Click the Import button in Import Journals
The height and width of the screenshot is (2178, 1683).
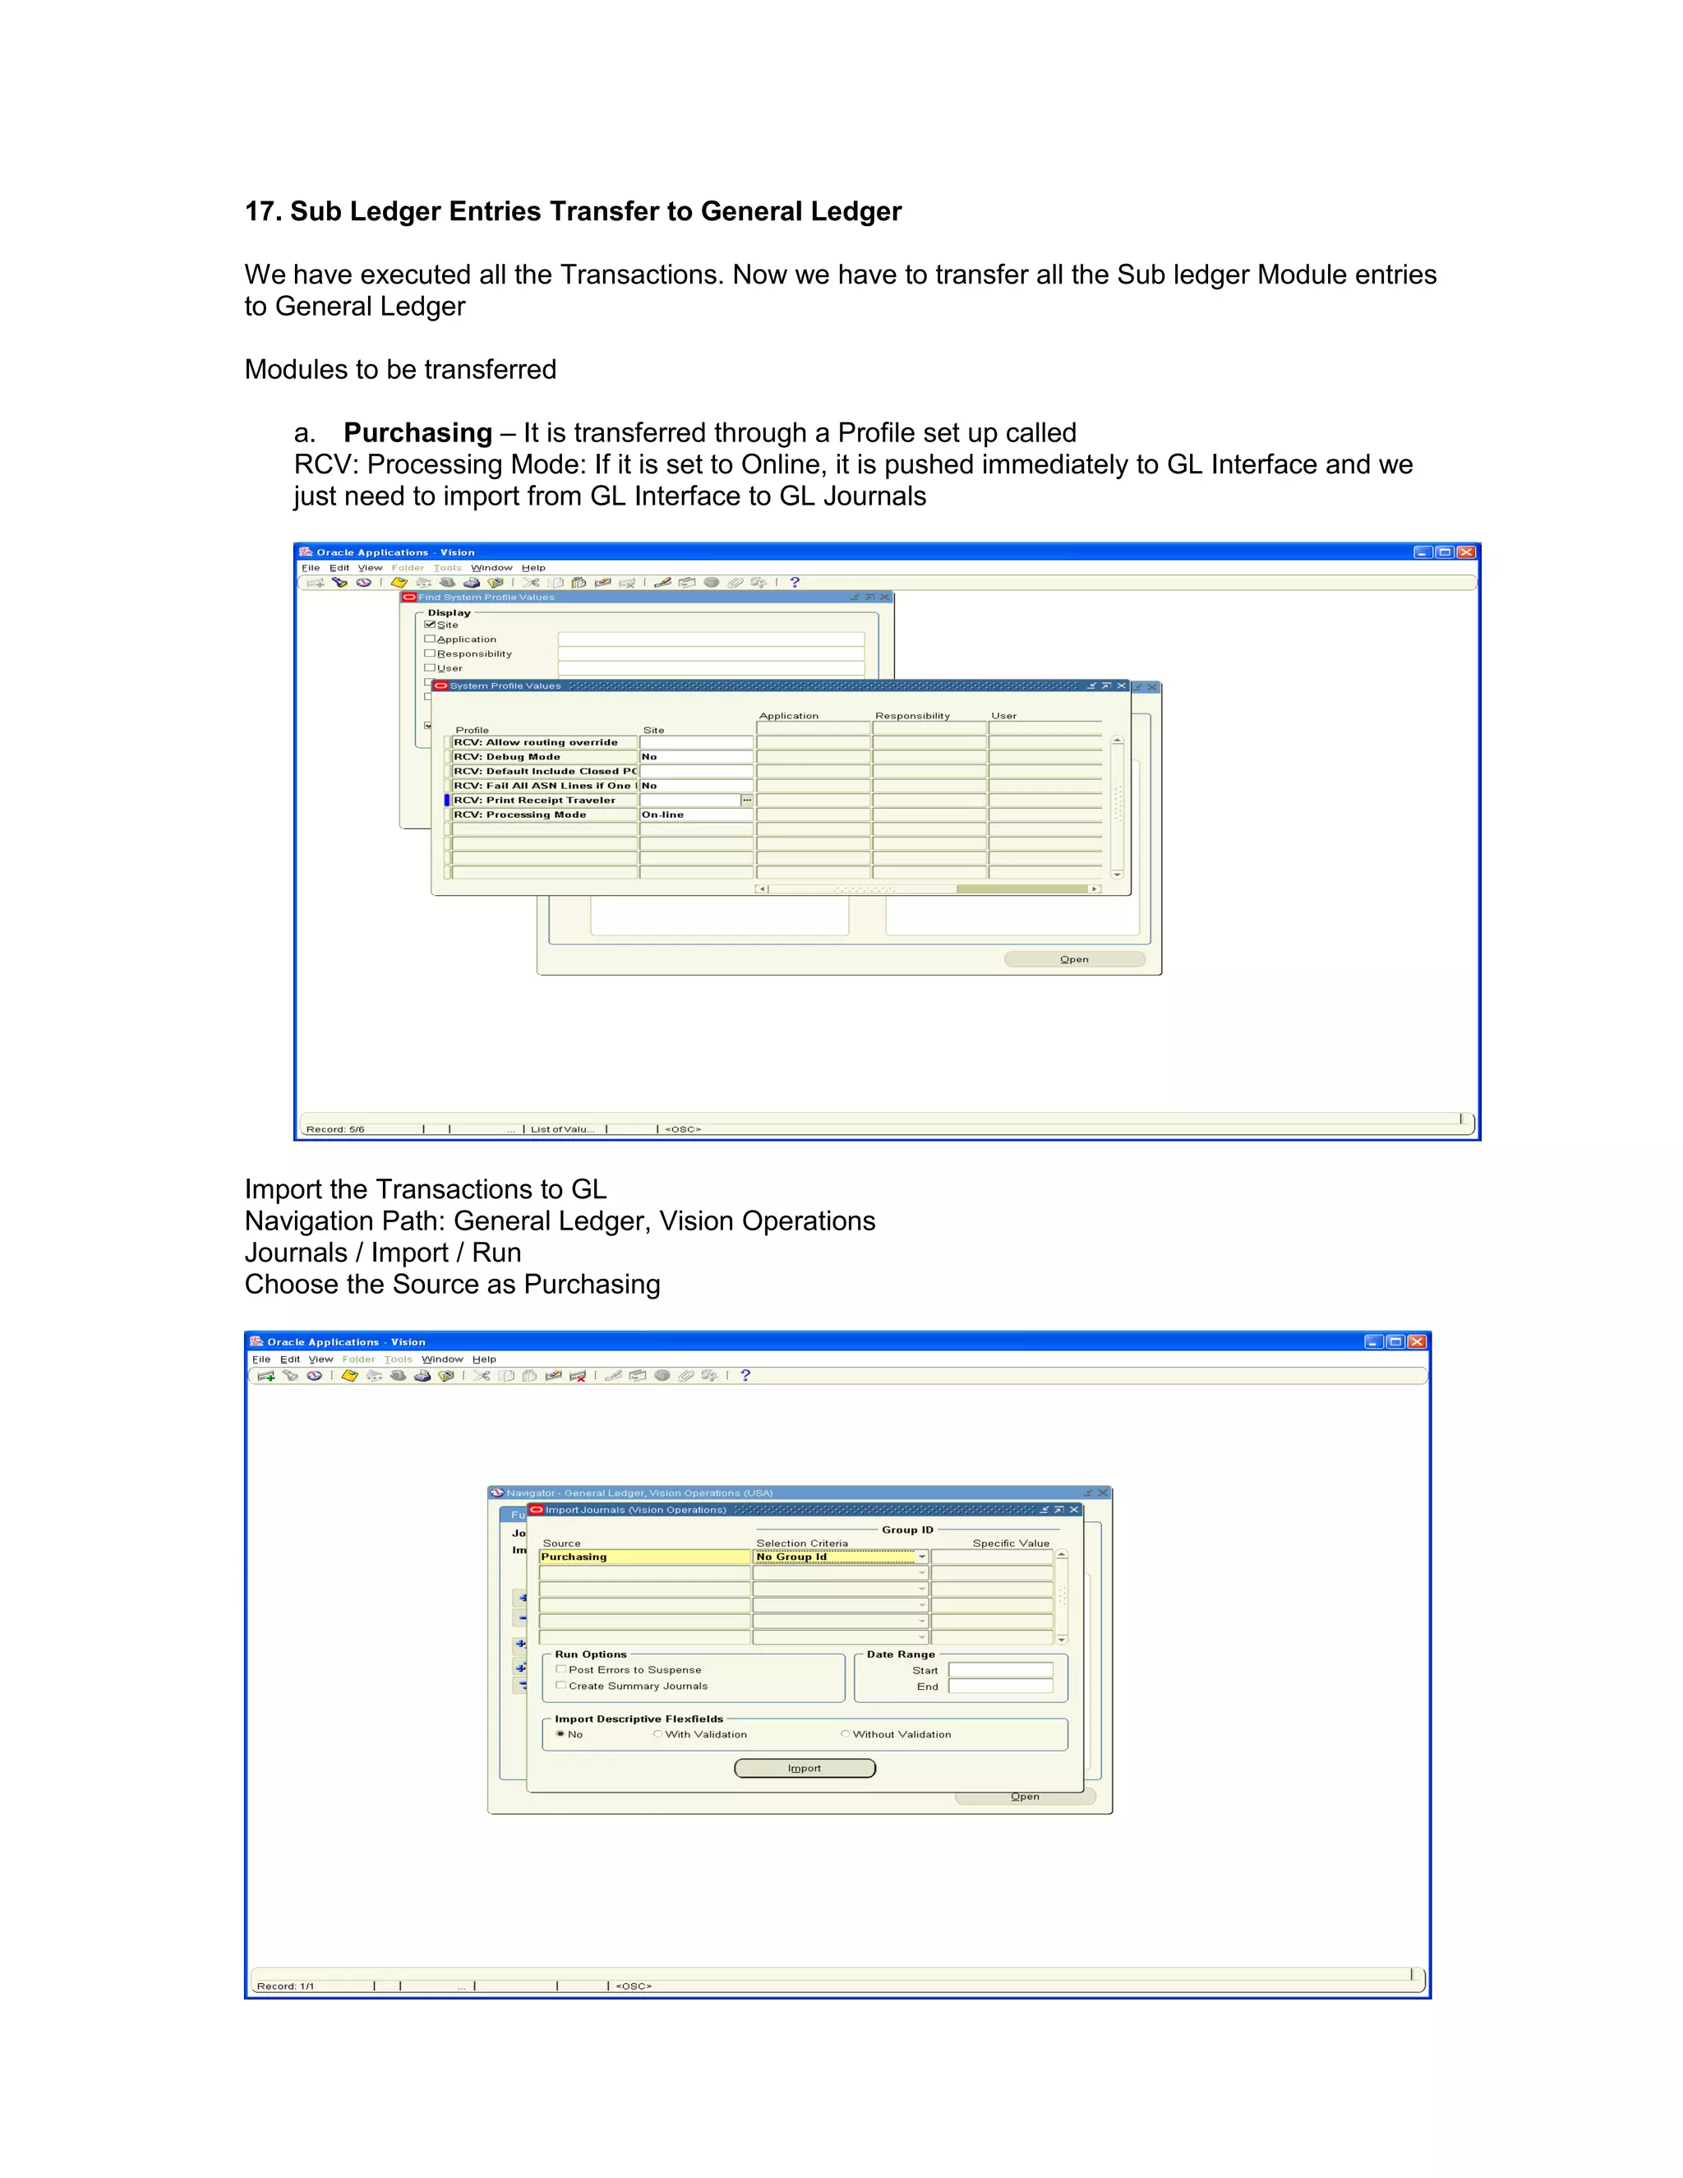point(805,1768)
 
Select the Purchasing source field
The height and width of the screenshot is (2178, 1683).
point(644,1557)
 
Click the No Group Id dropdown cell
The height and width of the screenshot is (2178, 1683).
point(836,1557)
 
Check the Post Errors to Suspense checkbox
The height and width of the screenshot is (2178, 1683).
point(561,1669)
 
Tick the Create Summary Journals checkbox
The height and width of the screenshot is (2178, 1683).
point(561,1686)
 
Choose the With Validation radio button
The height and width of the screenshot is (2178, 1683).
point(658,1734)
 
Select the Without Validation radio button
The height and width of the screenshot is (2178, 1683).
point(846,1734)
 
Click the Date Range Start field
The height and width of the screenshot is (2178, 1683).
point(1000,1670)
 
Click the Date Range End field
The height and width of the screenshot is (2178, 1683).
point(1000,1687)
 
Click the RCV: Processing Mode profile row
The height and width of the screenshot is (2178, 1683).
point(543,814)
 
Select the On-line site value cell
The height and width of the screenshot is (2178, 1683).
point(695,814)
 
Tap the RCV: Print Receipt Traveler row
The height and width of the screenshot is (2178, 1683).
point(543,801)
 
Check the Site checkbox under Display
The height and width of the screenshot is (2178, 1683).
point(431,625)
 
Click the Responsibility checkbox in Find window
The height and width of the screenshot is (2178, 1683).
point(431,654)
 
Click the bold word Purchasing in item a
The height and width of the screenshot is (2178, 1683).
point(417,433)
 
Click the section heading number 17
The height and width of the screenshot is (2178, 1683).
point(261,211)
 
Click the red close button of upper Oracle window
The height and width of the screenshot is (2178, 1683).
point(1466,552)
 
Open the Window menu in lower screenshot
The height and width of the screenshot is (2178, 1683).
point(441,1359)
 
